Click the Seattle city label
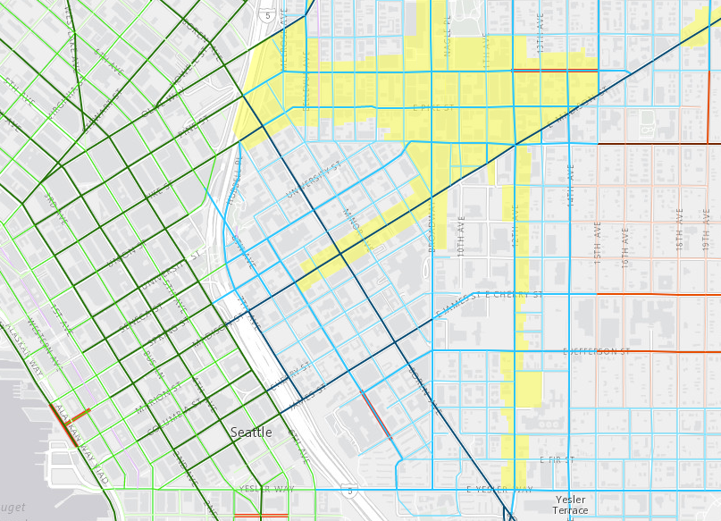pos(251,432)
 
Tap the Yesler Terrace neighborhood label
pos(571,505)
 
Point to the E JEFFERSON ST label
pos(596,352)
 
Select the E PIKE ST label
pos(428,107)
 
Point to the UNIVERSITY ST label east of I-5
pos(314,180)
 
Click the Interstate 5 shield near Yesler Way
pos(350,491)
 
